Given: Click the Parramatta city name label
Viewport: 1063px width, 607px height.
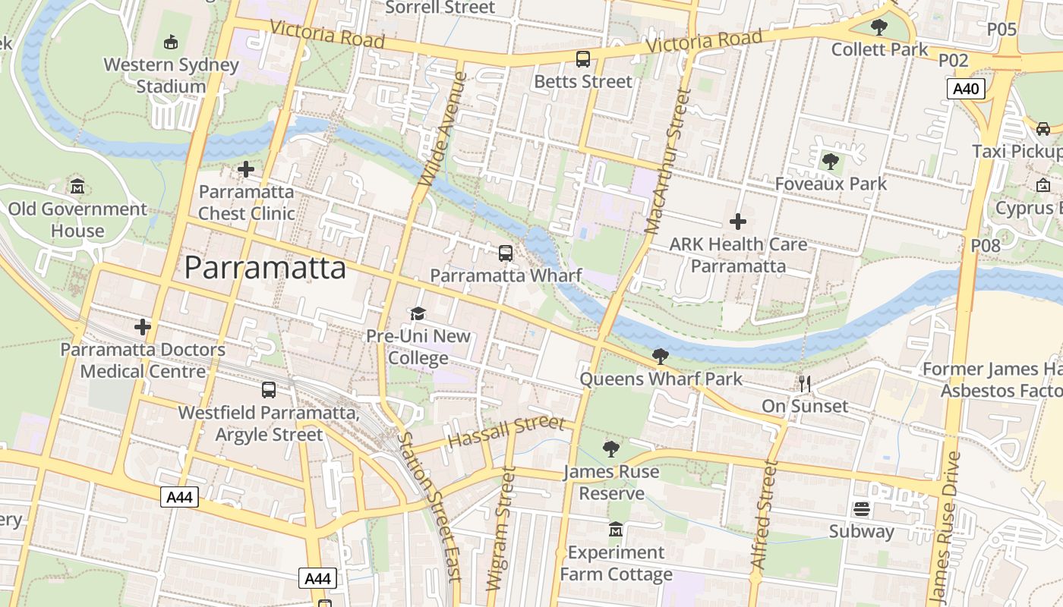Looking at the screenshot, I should coord(265,268).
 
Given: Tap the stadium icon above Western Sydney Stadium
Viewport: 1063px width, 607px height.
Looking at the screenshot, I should coord(171,42).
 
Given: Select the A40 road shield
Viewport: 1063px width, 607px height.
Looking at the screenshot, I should coord(966,89).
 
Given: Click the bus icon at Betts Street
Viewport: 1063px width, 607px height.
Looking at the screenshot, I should coord(583,58).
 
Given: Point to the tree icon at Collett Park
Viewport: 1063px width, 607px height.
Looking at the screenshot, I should coord(879,28).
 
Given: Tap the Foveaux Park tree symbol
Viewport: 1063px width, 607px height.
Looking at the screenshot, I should coord(831,162).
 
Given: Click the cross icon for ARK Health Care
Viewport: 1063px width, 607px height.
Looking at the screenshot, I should coord(737,222).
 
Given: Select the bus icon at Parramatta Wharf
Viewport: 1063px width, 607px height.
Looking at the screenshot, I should coord(506,253).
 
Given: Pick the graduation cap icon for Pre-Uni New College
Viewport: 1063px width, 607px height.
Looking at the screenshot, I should coord(418,314).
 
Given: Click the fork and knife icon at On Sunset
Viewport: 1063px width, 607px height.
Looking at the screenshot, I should coord(805,384).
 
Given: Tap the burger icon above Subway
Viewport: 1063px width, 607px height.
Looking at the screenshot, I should coord(861,509).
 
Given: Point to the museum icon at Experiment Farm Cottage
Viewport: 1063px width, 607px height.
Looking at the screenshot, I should coord(616,529).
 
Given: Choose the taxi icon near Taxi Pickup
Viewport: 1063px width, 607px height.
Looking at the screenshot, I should coord(1043,128).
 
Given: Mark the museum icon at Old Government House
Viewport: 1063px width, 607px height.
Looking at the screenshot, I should coord(77,186).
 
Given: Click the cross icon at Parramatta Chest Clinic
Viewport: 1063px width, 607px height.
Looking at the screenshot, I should coord(245,169).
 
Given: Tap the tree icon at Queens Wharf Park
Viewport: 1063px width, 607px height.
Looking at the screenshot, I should coord(661,356).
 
